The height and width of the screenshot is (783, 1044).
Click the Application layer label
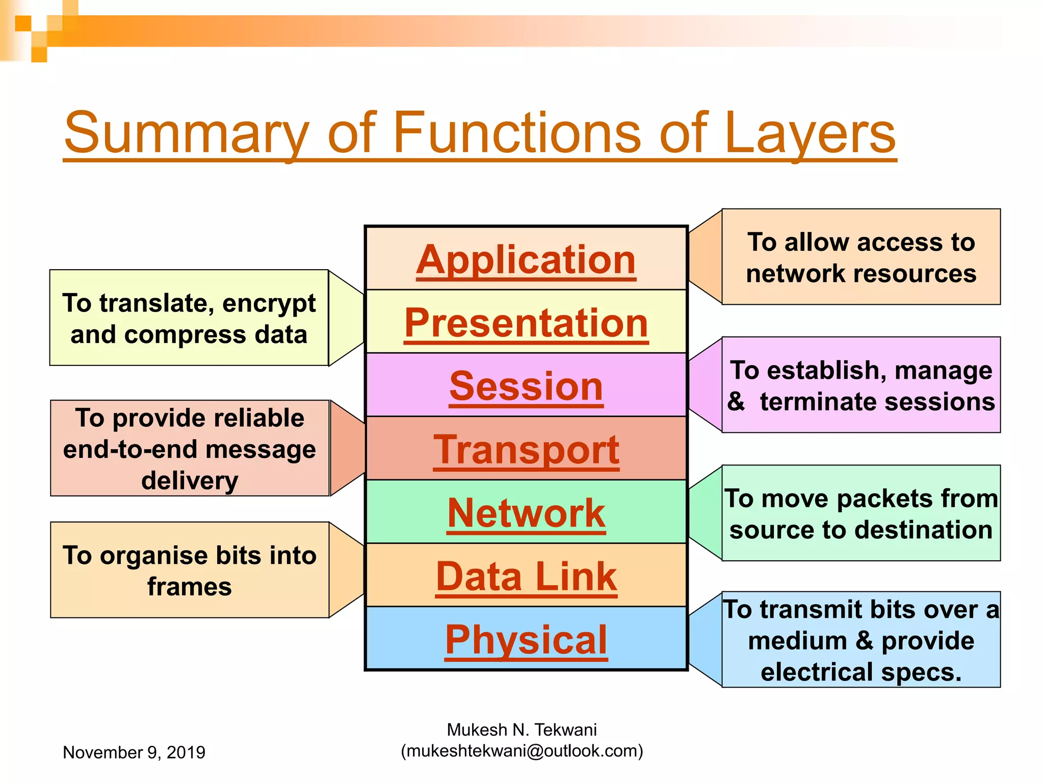pos(526,260)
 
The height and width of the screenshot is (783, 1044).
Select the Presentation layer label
pos(526,323)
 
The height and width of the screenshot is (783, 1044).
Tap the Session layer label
pos(526,386)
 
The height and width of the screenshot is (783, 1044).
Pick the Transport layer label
pos(526,450)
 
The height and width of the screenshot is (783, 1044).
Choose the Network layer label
pos(526,513)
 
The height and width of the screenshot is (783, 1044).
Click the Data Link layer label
pos(526,577)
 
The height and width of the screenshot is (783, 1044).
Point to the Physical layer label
pos(526,640)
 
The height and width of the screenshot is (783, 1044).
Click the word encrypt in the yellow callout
pos(269,304)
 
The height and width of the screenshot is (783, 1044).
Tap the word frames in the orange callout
pos(189,587)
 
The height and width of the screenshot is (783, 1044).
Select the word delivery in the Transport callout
pos(189,481)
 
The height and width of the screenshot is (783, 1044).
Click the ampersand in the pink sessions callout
pos(736,402)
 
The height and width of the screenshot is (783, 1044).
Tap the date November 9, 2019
pos(134,752)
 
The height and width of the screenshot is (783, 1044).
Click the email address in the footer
pos(521,751)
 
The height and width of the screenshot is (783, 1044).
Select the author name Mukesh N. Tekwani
pos(521,730)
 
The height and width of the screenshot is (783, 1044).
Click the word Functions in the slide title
pos(517,133)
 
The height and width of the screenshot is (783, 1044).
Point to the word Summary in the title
pos(187,133)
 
